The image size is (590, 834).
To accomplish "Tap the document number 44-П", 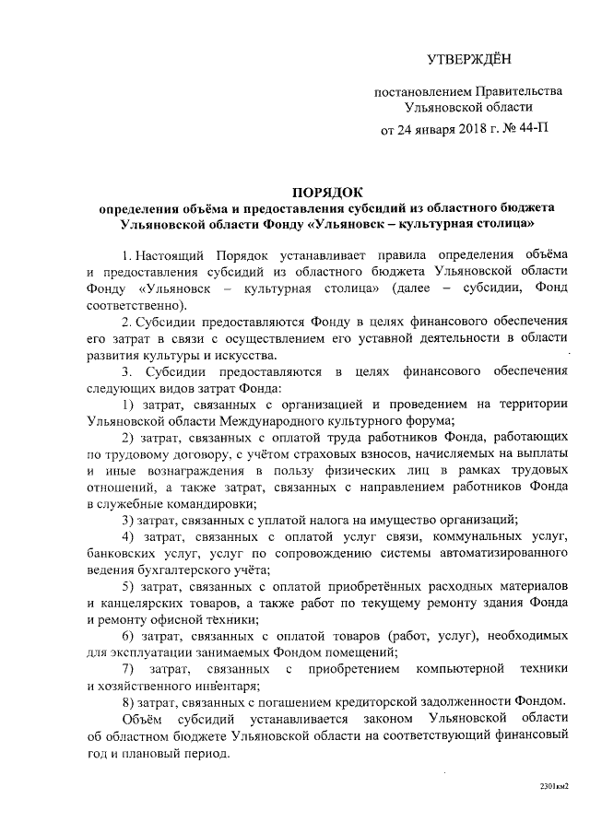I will [x=530, y=128].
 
